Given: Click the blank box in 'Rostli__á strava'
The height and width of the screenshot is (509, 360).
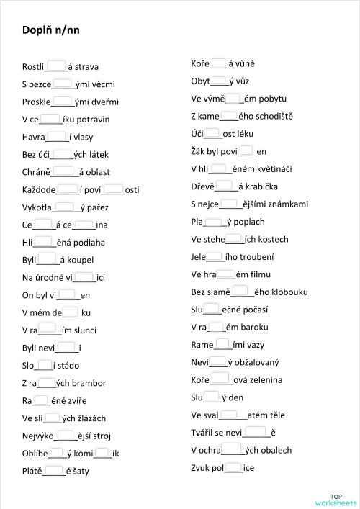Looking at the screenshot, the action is point(56,66).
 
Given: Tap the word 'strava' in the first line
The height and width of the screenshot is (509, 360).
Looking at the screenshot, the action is point(87,67).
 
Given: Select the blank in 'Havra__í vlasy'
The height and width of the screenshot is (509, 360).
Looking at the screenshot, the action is point(57,136).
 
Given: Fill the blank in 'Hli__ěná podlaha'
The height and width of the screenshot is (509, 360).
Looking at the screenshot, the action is point(44,242).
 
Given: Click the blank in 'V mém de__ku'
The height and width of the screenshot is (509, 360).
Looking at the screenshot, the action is point(71,312).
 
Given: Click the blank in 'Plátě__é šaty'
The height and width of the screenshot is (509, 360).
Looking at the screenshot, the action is point(54,471).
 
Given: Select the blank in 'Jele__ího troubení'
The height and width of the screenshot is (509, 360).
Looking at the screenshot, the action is point(215,256).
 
